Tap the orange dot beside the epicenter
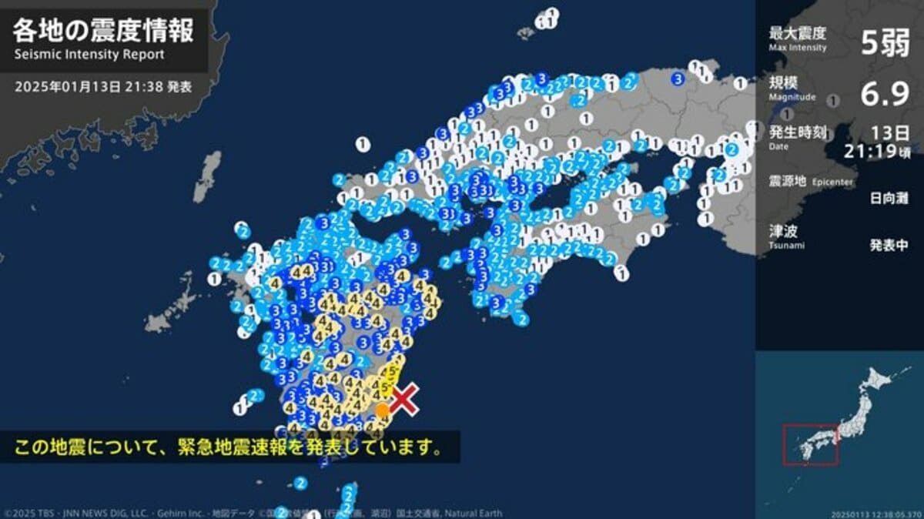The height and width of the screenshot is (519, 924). [382, 410]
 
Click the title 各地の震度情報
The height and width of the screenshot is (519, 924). [103, 32]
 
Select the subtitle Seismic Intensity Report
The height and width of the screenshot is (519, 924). [89, 55]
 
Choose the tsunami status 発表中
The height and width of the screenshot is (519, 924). [889, 246]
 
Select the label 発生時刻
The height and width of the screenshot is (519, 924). [797, 132]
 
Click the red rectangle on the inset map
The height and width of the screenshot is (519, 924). [810, 444]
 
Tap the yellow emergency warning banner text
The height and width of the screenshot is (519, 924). [229, 447]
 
